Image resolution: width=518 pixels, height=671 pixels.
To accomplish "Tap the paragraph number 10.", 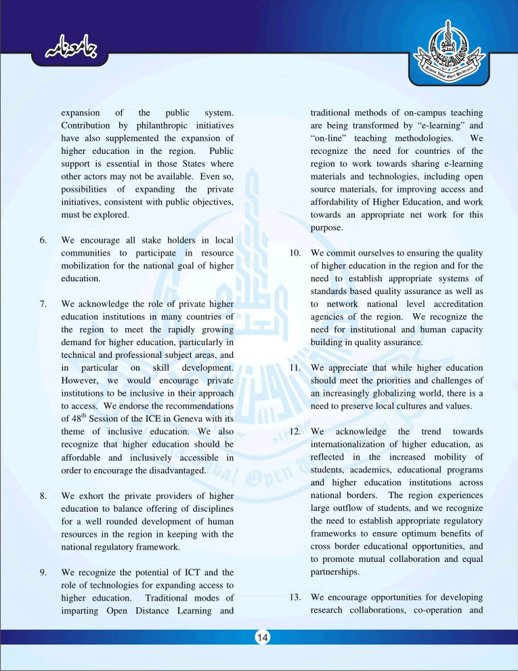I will [295, 253].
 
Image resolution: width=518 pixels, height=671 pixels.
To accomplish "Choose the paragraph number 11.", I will [295, 369].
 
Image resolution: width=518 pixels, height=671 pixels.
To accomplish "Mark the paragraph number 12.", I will [295, 432].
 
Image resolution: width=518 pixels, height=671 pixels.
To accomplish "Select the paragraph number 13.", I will [295, 598].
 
